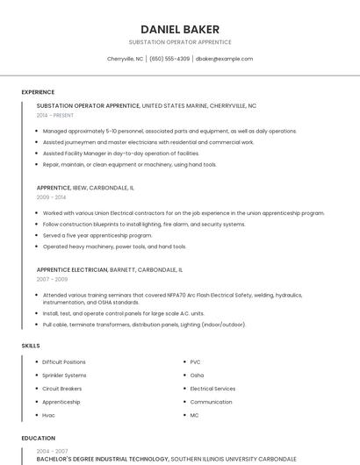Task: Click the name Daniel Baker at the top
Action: [180, 29]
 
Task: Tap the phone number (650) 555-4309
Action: [169, 59]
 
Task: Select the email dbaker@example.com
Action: [224, 59]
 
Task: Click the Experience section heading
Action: [38, 92]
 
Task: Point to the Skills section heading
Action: [31, 346]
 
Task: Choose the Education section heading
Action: [38, 438]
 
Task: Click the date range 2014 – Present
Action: [55, 115]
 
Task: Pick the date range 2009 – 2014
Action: [51, 197]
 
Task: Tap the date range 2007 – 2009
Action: [51, 279]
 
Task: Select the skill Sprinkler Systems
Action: [64, 376]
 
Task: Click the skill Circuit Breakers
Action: [61, 389]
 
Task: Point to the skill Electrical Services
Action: [212, 389]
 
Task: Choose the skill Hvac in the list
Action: [48, 415]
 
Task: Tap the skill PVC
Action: [195, 361]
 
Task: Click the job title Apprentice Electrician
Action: [72, 269]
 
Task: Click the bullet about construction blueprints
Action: [143, 224]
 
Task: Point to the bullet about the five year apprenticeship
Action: [97, 235]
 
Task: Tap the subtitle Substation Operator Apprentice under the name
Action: [180, 42]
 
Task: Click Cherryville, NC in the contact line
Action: [125, 59]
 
